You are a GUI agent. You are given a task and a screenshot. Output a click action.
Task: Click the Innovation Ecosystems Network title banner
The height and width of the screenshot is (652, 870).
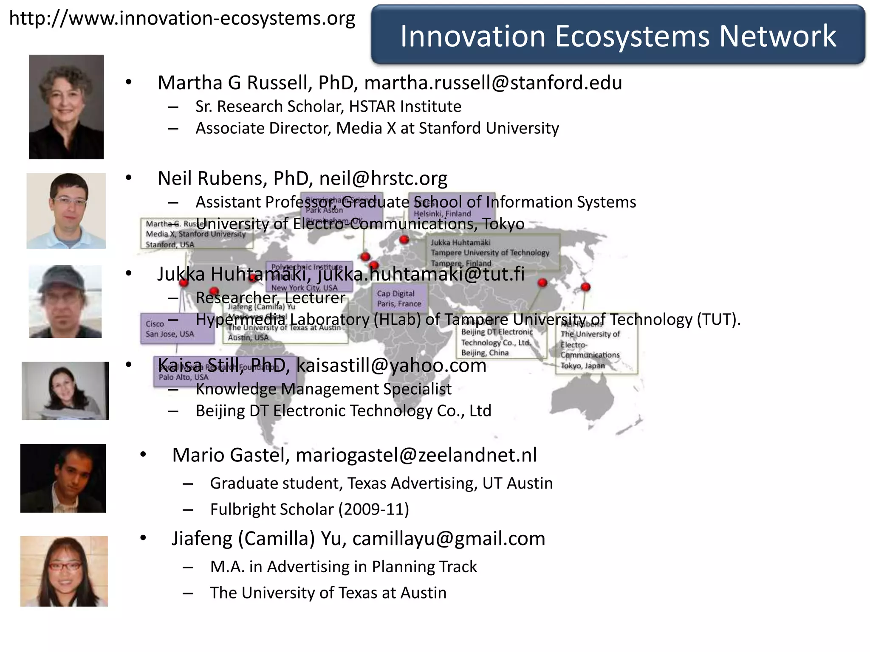(618, 36)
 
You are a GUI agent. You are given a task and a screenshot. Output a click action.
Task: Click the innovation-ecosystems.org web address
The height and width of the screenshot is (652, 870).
(182, 19)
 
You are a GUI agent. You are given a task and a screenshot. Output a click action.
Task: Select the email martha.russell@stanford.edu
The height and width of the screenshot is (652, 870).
(493, 83)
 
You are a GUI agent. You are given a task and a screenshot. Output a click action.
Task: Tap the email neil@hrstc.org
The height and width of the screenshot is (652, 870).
(383, 179)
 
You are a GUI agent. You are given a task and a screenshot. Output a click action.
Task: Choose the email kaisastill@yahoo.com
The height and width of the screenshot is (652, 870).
(391, 365)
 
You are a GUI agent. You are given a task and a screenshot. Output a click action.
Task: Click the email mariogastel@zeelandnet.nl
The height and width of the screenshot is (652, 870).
(416, 455)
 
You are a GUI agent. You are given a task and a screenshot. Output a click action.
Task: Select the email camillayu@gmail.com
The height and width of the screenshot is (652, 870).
(448, 539)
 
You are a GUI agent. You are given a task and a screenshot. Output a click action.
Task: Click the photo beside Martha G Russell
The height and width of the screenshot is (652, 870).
(66, 107)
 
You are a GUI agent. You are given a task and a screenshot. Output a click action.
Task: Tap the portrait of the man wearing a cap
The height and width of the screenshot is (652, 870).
(65, 301)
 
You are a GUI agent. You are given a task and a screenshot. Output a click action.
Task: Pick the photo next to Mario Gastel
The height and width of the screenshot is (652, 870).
(63, 478)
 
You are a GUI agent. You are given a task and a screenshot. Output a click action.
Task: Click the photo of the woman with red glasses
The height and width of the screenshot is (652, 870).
(64, 571)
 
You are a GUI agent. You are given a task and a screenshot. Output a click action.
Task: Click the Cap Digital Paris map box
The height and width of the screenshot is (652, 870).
(399, 298)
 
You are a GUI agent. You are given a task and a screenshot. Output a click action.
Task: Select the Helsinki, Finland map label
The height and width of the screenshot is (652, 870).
(442, 214)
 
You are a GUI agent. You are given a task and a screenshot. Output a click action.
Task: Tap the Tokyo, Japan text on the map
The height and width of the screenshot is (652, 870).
(582, 365)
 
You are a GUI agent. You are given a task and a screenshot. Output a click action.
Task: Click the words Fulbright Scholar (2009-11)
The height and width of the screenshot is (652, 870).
(309, 509)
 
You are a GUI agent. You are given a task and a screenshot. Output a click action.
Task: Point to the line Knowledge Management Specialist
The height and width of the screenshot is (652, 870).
(323, 389)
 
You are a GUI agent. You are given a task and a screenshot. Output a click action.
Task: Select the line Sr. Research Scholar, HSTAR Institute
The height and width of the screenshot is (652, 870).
(328, 107)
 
